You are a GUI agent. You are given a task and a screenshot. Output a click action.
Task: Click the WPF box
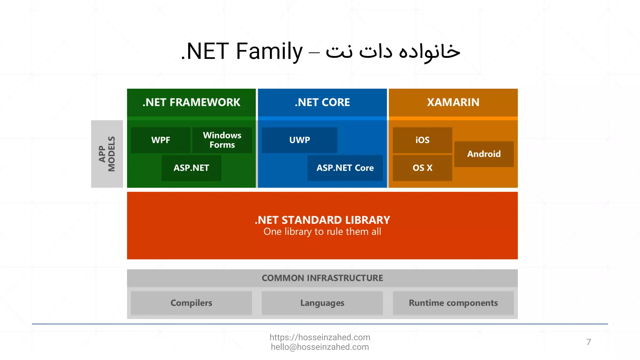tap(161, 140)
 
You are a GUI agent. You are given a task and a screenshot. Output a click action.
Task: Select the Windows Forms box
tap(222, 140)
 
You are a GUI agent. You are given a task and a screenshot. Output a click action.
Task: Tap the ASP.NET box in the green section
tap(191, 168)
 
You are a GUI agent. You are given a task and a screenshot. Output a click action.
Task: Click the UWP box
tap(299, 140)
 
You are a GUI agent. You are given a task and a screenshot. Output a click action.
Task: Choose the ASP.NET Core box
tap(345, 168)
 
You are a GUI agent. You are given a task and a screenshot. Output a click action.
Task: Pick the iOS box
tap(422, 140)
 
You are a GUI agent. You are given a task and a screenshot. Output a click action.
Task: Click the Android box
tap(484, 154)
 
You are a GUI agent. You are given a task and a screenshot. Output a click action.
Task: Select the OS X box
tap(422, 168)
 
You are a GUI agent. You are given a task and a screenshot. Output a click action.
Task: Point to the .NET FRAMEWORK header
tap(191, 102)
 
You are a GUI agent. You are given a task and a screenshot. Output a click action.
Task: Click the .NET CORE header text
tap(322, 102)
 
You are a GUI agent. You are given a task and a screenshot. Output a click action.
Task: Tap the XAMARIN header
tap(453, 102)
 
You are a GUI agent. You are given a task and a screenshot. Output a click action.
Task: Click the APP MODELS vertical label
tap(107, 154)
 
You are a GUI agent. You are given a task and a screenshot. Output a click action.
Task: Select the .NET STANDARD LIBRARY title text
tap(322, 220)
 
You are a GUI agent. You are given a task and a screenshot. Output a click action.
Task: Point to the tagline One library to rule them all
tap(322, 232)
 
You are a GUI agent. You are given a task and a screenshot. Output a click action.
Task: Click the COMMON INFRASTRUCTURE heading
tap(322, 278)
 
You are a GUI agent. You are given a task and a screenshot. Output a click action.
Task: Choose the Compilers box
tap(191, 303)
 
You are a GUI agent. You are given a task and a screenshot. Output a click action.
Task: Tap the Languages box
tap(322, 303)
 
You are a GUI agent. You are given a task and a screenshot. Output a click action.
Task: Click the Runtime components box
tap(453, 303)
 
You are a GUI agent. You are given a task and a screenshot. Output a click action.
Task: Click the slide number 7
tap(588, 342)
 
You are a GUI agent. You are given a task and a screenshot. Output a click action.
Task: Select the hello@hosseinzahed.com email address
tap(320, 347)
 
